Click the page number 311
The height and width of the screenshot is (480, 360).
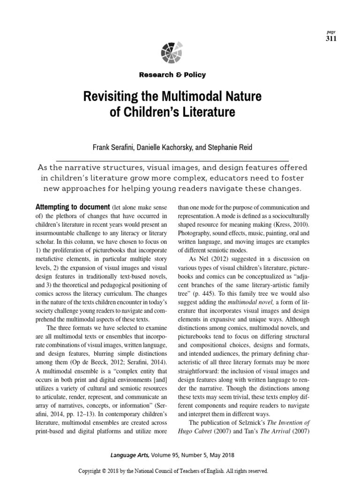[x=330, y=38]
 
